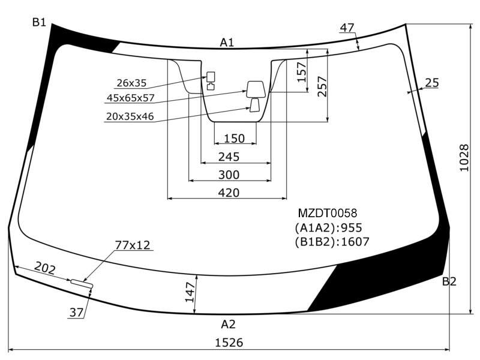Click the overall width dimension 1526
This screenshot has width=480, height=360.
229,342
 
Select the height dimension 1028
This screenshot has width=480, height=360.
464,158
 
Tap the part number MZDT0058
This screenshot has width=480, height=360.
327,213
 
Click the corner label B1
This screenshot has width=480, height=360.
39,22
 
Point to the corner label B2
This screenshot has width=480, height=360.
449,281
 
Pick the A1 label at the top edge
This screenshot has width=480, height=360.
227,42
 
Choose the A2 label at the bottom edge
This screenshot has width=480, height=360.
228,324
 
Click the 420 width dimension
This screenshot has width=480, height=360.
229,193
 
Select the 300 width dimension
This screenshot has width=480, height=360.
229,175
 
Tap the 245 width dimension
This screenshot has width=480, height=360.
229,157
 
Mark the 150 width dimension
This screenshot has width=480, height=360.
235,139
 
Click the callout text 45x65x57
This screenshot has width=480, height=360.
131,98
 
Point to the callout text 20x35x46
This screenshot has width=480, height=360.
130,116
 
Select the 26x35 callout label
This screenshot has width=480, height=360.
131,83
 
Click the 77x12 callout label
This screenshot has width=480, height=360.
133,245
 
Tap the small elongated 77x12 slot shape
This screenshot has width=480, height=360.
82,284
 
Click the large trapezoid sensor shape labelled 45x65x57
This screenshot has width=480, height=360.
256,89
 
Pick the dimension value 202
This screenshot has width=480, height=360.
44,268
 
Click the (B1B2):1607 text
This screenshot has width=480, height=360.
332,242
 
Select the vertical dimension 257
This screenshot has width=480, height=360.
322,86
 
